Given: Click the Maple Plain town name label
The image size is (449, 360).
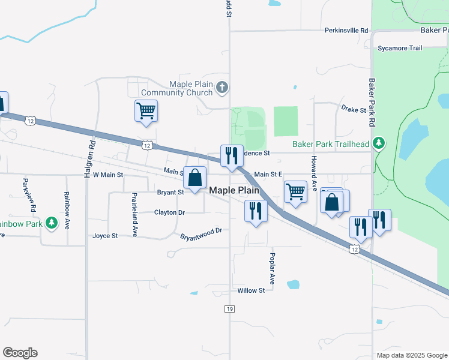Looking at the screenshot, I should click(234, 190).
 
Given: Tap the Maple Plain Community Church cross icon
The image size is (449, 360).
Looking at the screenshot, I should click(222, 88).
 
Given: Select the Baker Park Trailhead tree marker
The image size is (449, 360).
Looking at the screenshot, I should click(378, 143).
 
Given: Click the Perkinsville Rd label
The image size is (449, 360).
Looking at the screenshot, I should click(346, 30).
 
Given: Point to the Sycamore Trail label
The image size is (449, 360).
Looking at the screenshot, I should click(400, 48).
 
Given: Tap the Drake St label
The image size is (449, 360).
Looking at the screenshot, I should click(353, 110).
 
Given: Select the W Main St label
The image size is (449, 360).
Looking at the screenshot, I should click(107, 175).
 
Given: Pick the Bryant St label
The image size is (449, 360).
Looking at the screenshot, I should click(170, 193).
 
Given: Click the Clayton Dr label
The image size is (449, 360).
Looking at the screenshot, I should click(169, 212).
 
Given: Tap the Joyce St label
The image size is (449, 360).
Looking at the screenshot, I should click(105, 236).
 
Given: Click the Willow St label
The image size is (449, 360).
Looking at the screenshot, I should click(251, 290).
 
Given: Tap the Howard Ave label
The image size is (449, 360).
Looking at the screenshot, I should click(313, 170).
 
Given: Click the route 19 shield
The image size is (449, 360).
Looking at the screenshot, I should click(229, 308).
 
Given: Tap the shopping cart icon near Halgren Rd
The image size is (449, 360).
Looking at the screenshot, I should click(146, 111).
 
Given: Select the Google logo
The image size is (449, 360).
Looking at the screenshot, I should click(20, 353).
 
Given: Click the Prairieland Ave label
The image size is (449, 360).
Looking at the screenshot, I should click(134, 214).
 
